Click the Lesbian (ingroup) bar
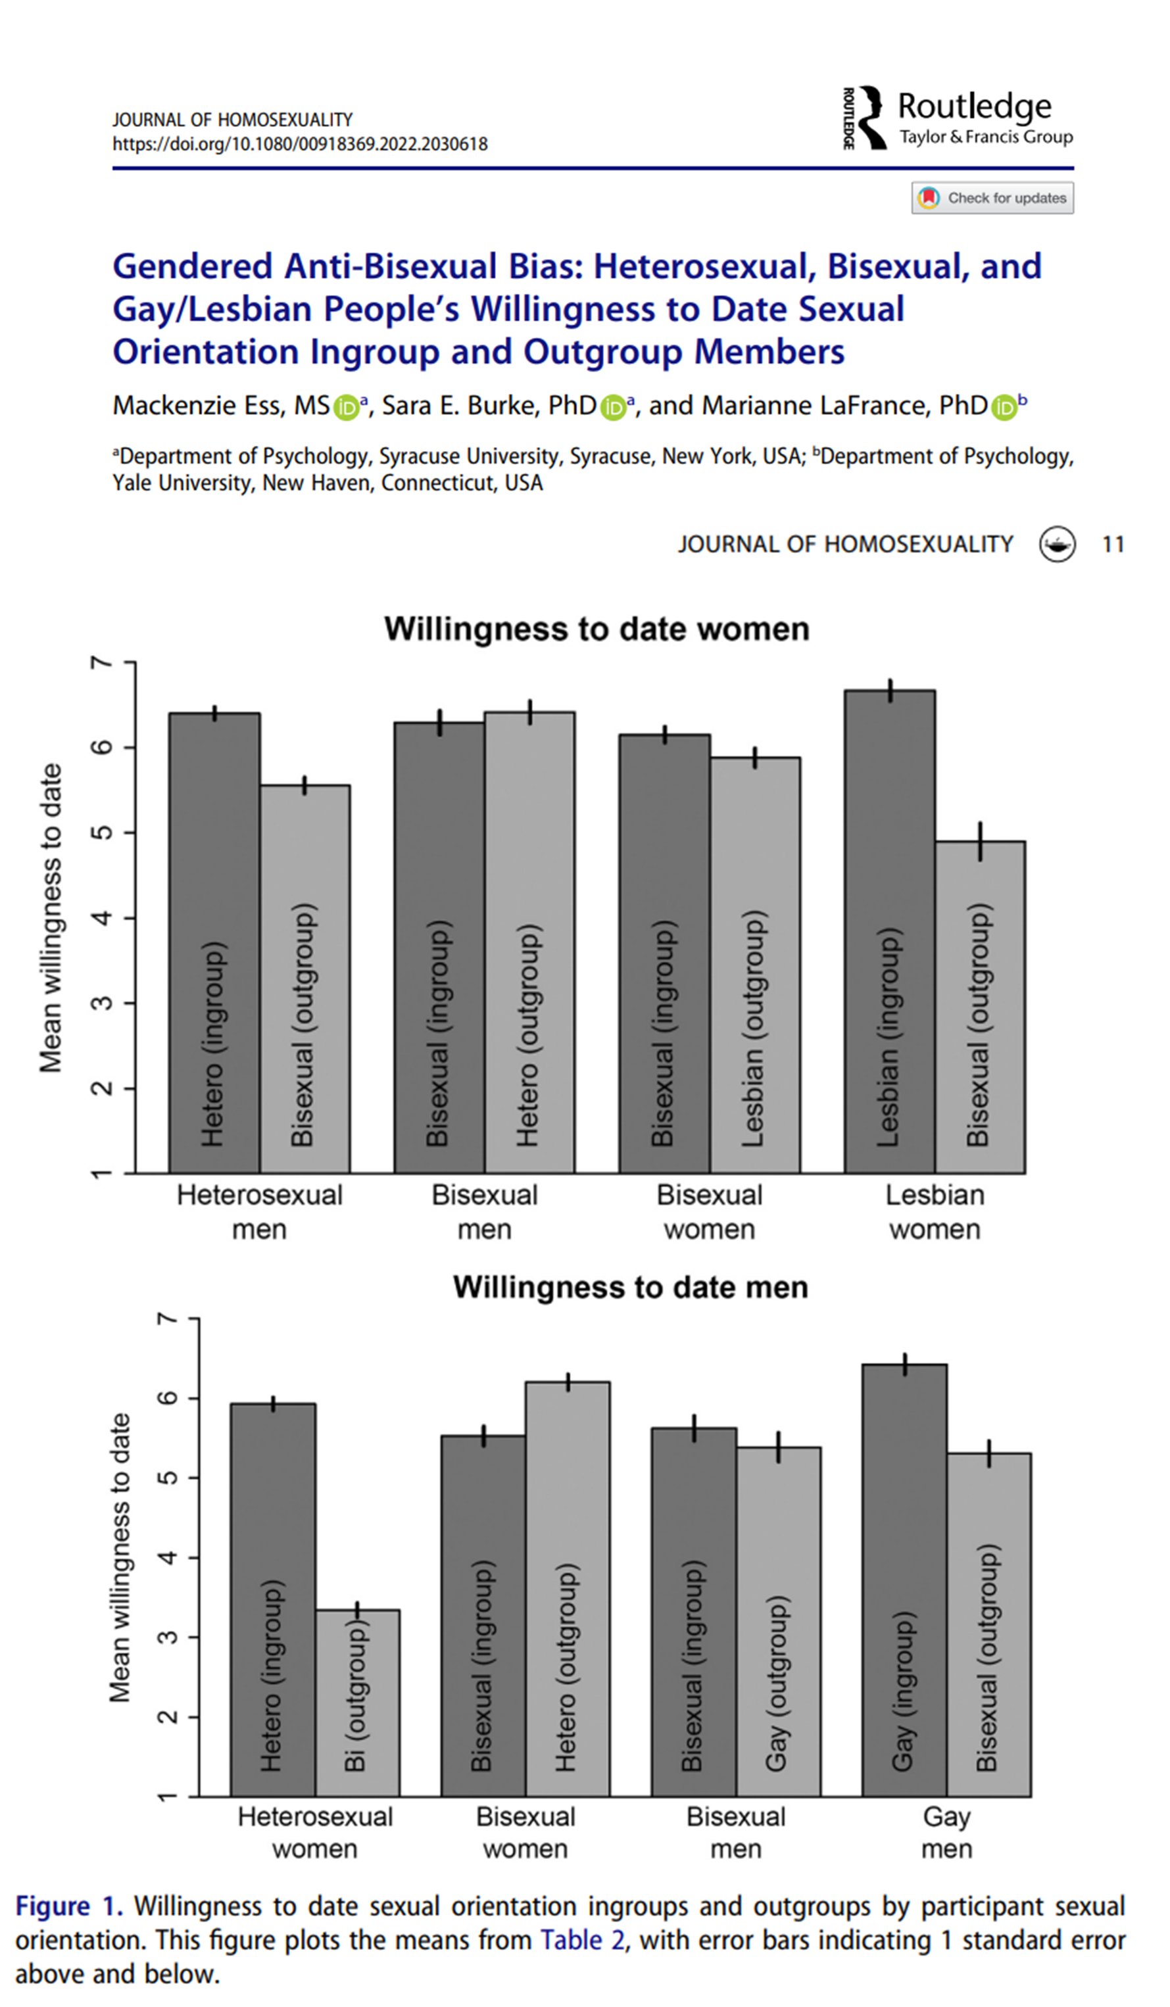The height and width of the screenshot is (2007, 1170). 889,932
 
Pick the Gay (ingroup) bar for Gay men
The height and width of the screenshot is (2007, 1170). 904,1580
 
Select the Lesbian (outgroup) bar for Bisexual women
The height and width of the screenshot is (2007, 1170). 755,963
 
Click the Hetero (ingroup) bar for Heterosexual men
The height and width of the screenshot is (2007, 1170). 214,943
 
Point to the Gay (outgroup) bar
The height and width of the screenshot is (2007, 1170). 778,1622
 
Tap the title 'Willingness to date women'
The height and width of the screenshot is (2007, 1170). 597,629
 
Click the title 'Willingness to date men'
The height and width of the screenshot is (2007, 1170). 630,1287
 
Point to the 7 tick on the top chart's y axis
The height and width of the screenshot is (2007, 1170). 101,663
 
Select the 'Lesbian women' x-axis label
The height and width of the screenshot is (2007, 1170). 935,1212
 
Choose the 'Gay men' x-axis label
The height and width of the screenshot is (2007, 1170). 946,1833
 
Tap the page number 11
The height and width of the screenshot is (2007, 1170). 1113,544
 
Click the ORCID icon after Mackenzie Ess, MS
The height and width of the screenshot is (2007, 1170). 346,408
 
